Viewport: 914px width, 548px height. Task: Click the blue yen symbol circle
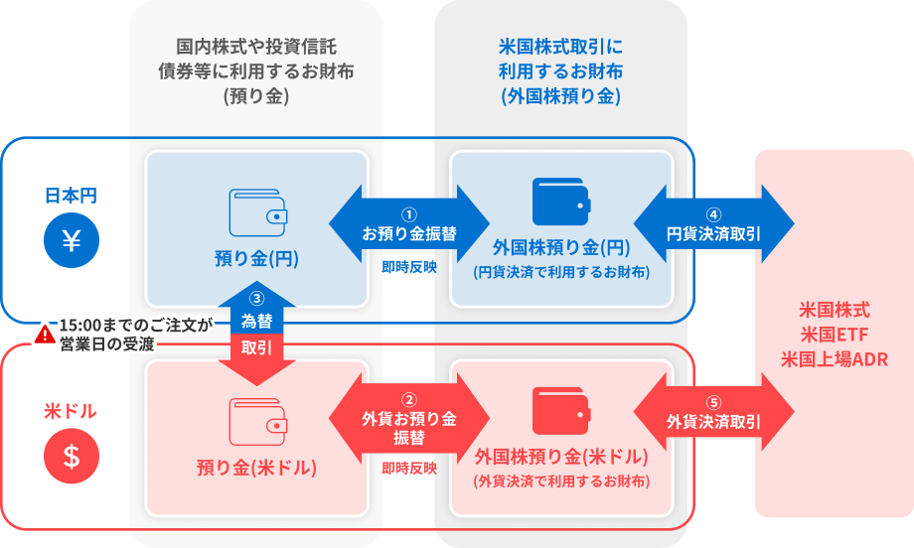point(72,241)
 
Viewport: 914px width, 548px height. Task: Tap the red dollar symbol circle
point(72,457)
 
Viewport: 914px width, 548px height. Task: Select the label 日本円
point(72,195)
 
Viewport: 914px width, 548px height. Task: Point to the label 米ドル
point(72,410)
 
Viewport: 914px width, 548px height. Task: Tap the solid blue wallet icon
point(561,202)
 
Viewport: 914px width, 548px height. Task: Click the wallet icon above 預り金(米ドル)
point(258,421)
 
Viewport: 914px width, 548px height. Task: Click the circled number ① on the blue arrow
point(408,214)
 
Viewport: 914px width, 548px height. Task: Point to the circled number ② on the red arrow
point(408,399)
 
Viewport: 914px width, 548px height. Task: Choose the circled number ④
point(713,214)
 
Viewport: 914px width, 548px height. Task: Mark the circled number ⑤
point(713,402)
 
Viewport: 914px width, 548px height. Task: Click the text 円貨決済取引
point(713,234)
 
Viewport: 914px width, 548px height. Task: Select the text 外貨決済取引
point(713,421)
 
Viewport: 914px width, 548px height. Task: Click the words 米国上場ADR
point(834,358)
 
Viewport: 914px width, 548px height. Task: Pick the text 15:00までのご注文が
point(136,325)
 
